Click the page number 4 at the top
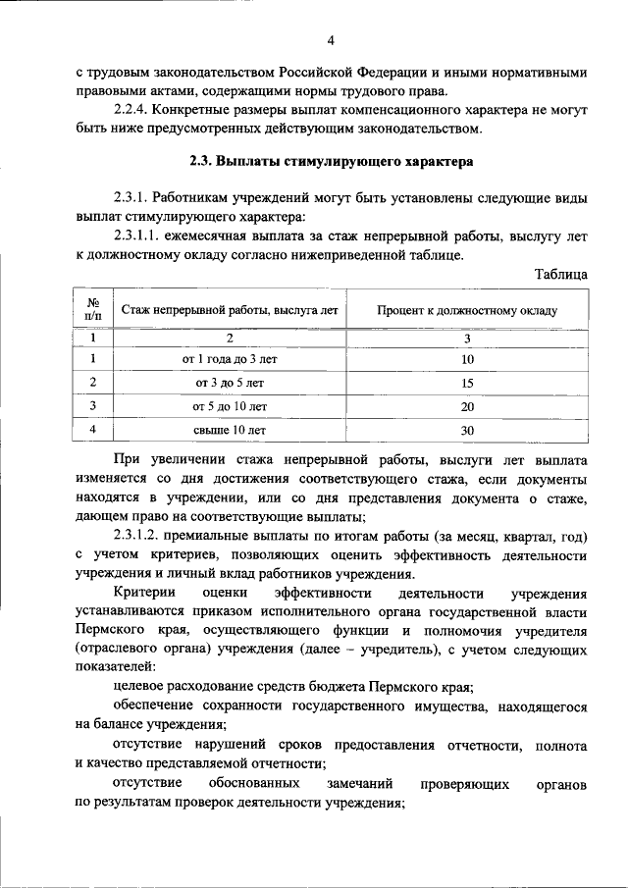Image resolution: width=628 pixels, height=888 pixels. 331,40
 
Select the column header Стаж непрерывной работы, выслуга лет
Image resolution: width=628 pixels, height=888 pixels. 230,310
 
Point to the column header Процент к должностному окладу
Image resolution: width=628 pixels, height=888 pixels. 467,310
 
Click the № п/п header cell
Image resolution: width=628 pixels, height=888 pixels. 93,309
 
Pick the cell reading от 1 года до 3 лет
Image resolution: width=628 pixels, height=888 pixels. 230,360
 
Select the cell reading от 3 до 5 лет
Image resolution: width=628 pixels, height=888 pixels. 230,383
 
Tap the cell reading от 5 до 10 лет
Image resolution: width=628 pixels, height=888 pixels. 230,405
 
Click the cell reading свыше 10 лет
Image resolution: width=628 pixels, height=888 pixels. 230,429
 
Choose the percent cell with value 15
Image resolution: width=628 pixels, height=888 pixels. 467,384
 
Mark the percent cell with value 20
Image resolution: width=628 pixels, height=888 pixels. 467,406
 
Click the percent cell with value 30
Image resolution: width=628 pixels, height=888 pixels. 467,430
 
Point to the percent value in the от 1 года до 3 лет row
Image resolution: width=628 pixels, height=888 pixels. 467,361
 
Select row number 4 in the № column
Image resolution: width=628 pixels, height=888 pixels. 93,429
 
